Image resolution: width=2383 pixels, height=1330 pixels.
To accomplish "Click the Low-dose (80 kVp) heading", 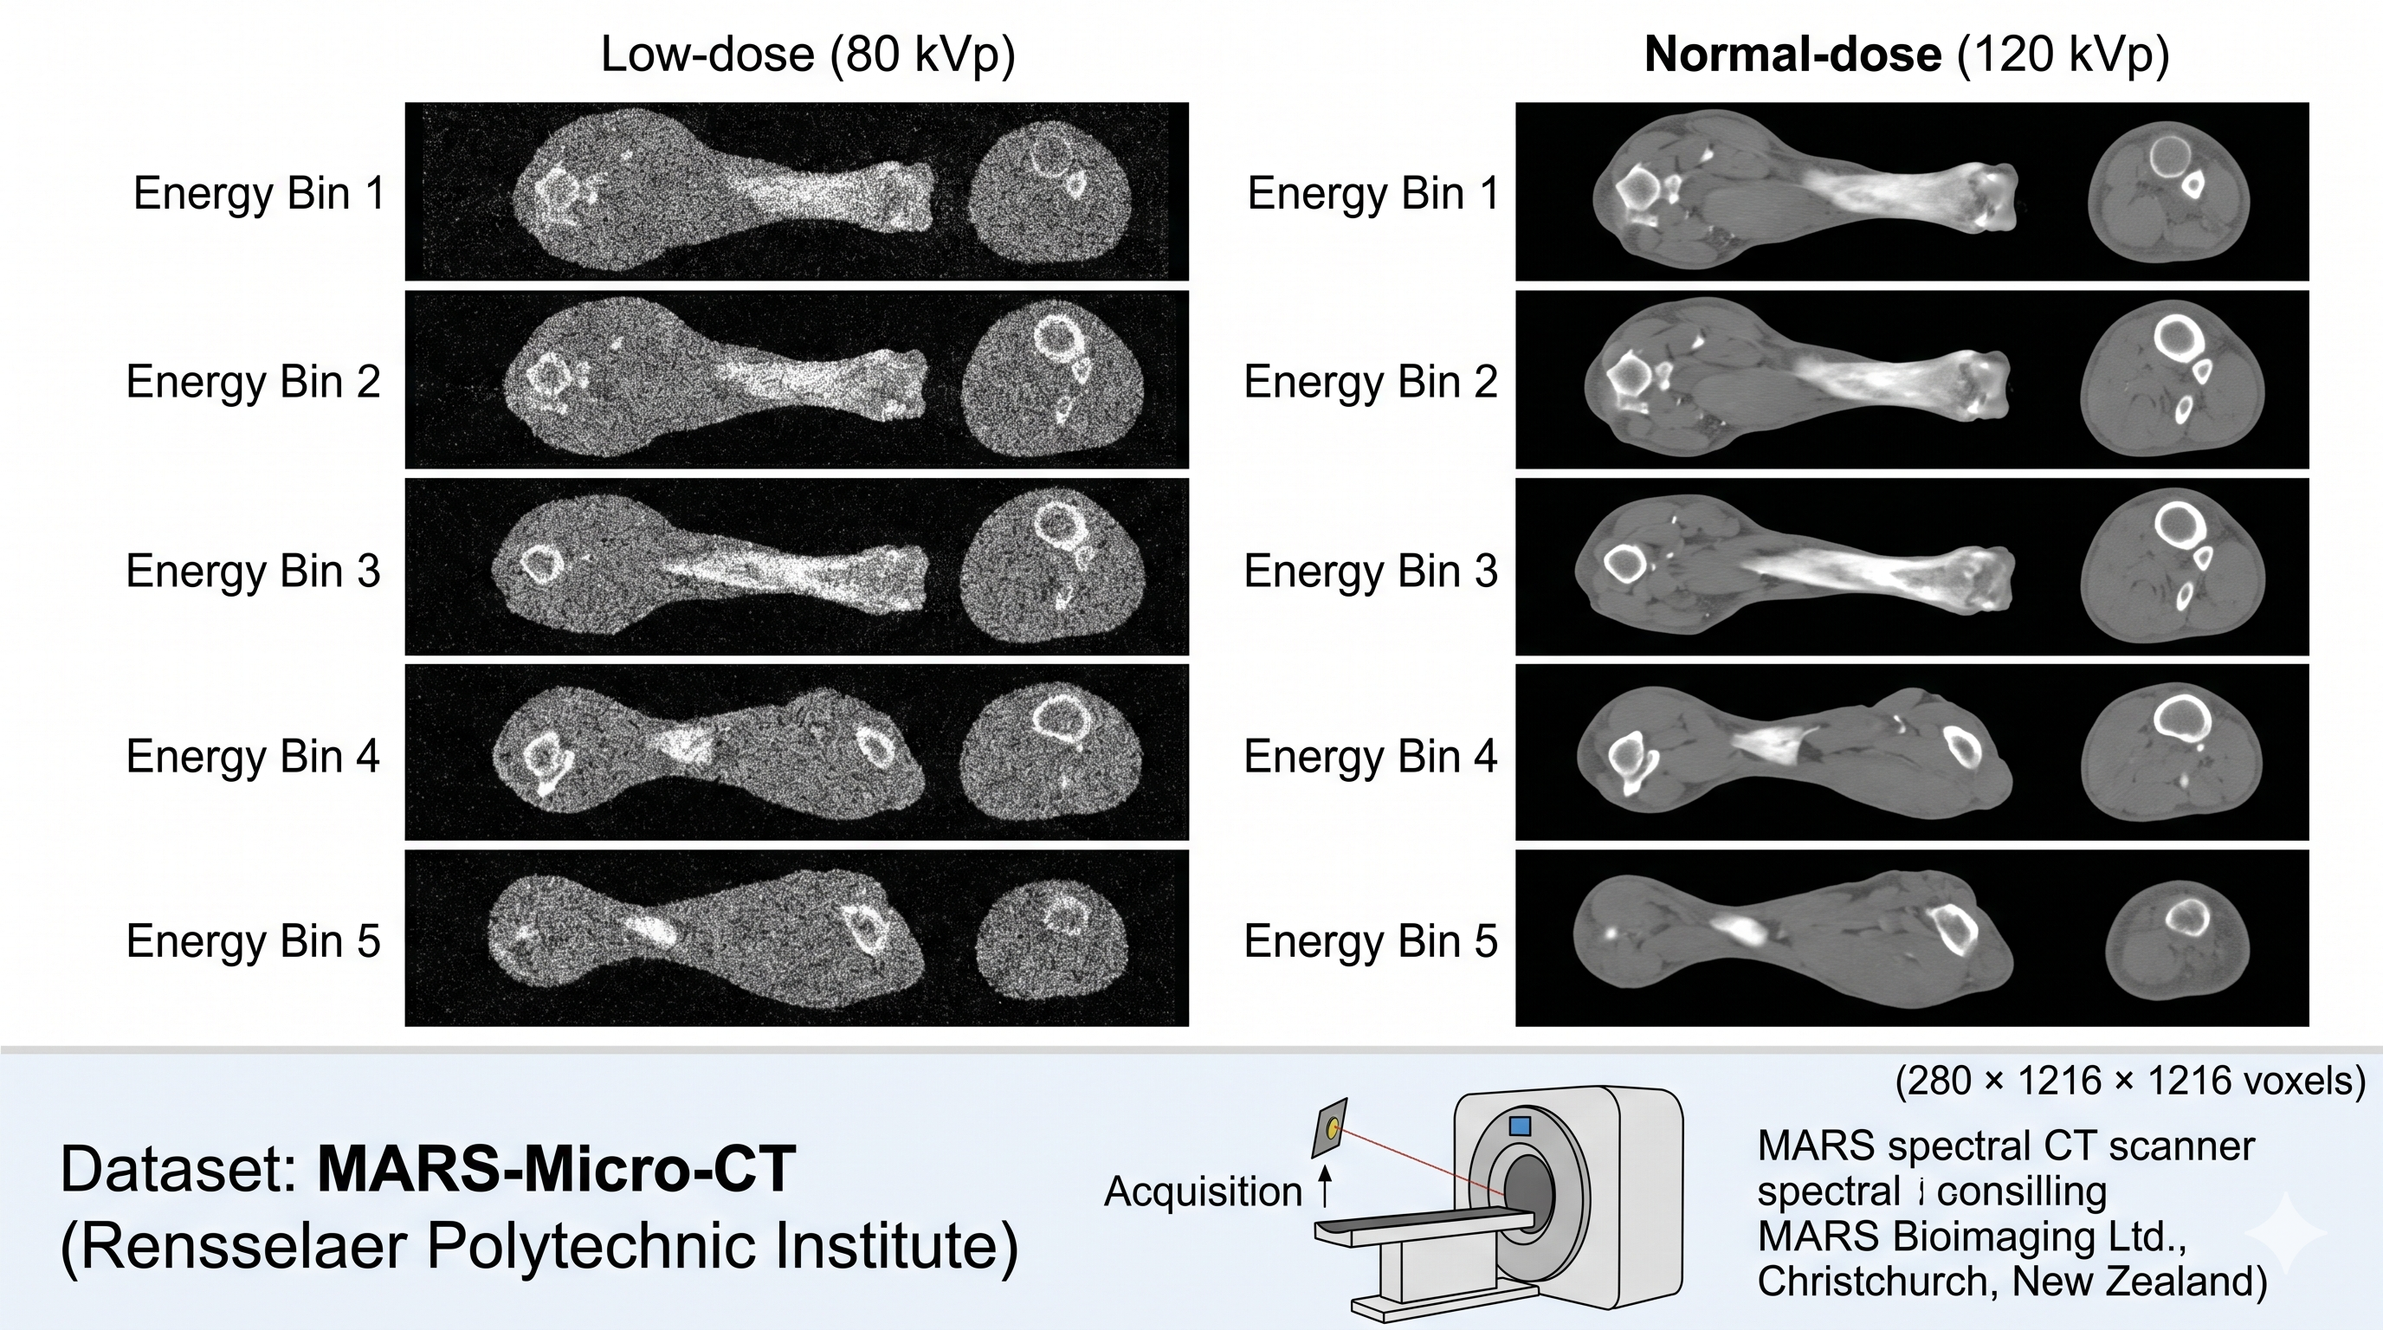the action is coord(808,54).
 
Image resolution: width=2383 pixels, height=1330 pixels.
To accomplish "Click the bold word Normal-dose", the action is coord(1792,54).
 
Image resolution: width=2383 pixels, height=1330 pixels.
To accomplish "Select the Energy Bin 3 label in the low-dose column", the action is coord(254,571).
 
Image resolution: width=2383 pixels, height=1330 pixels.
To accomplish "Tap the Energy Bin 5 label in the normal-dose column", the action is coord(1370,940).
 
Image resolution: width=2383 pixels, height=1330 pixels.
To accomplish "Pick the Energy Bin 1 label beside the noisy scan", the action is coord(259,193).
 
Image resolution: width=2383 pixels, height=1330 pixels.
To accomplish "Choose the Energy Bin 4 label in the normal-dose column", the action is coord(1370,756).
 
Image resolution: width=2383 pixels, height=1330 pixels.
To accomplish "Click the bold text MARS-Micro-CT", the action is coord(556,1169).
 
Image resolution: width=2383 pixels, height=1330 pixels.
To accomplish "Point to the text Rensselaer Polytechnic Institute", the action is coord(539,1246).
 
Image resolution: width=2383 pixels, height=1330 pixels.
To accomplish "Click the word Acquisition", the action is coord(1203,1191).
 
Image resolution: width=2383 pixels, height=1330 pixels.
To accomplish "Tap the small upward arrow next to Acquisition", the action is coord(1325,1185).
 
